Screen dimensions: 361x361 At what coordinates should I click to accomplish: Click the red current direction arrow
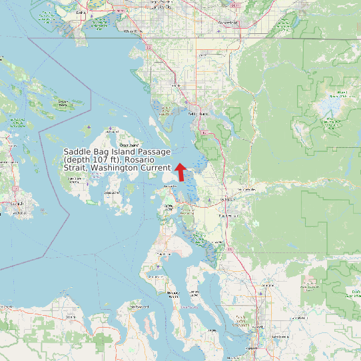[x=180, y=171]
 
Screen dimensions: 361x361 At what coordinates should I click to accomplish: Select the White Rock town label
[x=133, y=31]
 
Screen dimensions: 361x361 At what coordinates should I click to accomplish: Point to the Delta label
[x=81, y=12]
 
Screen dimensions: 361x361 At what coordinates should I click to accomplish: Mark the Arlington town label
[x=268, y=284]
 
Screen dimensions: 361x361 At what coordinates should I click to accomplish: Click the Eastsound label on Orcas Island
[x=128, y=145]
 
